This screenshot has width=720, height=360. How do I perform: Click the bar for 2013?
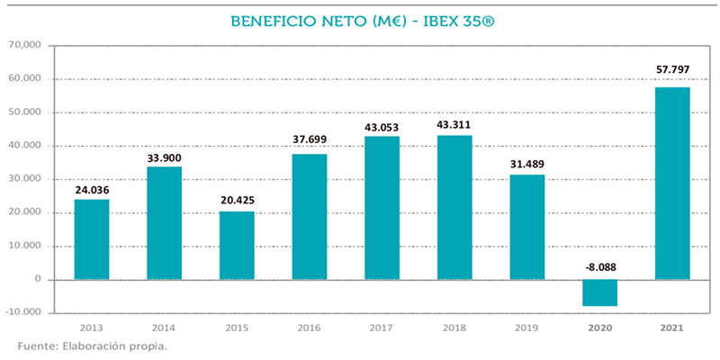[91, 239]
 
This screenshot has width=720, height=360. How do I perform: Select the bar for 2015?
[237, 245]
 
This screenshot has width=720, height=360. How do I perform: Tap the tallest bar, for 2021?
[672, 184]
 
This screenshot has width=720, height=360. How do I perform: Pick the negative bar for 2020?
[599, 292]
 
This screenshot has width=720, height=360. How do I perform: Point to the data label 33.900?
[164, 157]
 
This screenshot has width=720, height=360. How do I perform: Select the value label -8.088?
[599, 266]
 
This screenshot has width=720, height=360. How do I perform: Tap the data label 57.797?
[672, 70]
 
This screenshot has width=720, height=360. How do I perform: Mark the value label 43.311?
[454, 125]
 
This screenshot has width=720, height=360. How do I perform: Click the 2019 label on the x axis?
[526, 329]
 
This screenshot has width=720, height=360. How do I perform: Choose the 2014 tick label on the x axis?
[164, 329]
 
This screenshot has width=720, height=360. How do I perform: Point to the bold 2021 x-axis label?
[672, 329]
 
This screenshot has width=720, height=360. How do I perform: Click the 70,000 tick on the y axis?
[26, 45]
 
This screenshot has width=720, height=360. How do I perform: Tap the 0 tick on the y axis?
[40, 280]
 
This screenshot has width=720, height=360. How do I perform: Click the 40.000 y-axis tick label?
[26, 146]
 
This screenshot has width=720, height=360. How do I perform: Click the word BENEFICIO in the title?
[265, 20]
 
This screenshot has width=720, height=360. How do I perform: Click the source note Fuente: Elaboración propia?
[91, 346]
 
